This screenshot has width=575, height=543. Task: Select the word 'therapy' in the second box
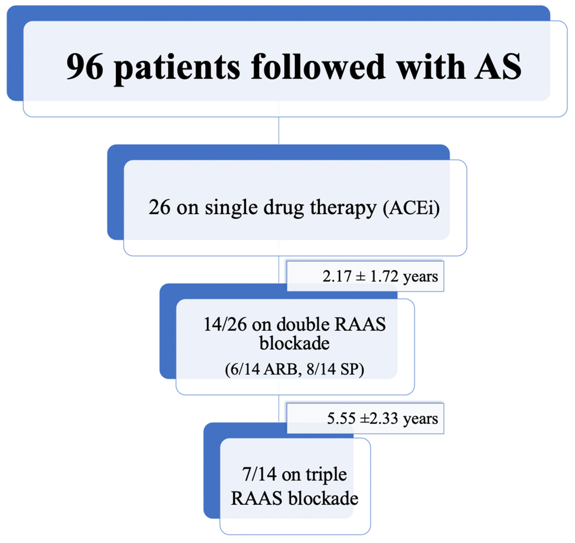pyautogui.click(x=343, y=208)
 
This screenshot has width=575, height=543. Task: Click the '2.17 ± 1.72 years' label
pyautogui.click(x=380, y=276)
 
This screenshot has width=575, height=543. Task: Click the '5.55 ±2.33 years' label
pyautogui.click(x=382, y=418)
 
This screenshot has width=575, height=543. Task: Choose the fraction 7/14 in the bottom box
pyautogui.click(x=259, y=475)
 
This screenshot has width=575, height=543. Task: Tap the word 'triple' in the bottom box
pyautogui.click(x=326, y=475)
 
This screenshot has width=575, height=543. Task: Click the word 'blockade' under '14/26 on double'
pyautogui.click(x=294, y=343)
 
